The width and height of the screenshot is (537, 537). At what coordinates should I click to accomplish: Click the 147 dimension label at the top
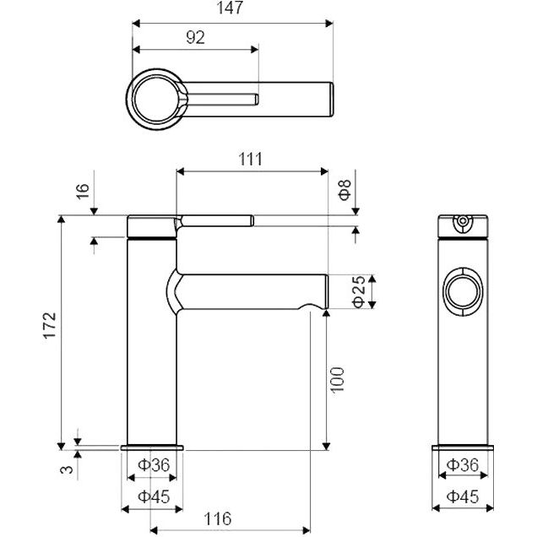click(230, 8)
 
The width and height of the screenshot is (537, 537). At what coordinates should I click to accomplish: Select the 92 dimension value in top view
click(194, 36)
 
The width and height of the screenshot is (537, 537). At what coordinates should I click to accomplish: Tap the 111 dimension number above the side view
click(250, 158)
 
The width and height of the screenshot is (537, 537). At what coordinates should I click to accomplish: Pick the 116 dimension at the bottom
click(218, 519)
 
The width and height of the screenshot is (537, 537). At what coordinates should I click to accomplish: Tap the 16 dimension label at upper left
click(82, 190)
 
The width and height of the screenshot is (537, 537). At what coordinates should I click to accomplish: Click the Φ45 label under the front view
click(464, 496)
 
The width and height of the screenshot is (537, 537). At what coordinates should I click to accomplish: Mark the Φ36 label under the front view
click(464, 464)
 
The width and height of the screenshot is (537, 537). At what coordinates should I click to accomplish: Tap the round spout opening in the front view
click(464, 293)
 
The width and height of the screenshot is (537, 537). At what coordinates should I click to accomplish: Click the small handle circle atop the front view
click(462, 224)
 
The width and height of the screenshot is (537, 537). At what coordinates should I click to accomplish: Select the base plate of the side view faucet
click(152, 446)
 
